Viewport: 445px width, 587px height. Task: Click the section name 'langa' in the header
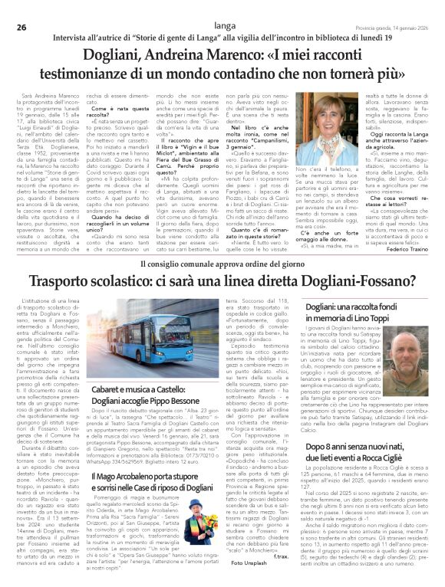pyautogui.click(x=223, y=6)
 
